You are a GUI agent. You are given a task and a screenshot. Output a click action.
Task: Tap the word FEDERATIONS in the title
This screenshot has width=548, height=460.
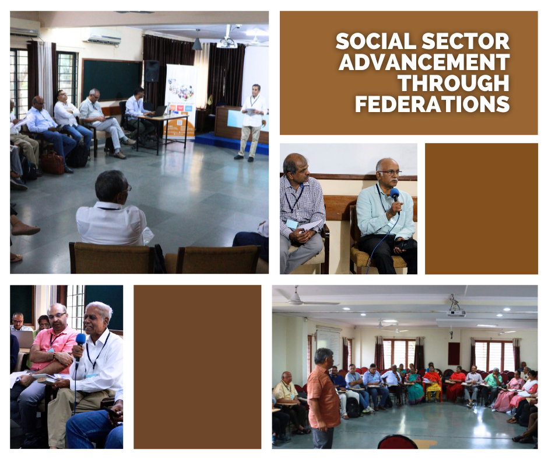coord(433,104)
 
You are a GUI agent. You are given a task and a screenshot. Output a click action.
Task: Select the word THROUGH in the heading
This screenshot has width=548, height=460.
coord(454,83)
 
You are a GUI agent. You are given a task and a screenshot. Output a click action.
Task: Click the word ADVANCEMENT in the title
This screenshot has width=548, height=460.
coord(424,62)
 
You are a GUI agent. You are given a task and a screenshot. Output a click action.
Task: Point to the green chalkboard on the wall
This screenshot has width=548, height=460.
coord(112,79)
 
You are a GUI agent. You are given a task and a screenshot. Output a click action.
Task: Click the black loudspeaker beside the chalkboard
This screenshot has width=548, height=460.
coord(152,71)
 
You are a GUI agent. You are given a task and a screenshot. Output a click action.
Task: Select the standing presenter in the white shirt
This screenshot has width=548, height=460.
coord(252,123)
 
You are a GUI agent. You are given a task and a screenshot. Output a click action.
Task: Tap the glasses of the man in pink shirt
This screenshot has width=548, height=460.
coord(57,315)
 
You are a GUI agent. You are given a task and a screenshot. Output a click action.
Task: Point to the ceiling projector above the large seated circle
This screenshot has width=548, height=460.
coord(456,311)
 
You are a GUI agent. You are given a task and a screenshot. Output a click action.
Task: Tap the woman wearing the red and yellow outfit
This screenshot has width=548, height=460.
coord(433,384)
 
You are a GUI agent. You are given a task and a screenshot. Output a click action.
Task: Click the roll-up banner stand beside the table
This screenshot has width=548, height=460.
coord(180,102)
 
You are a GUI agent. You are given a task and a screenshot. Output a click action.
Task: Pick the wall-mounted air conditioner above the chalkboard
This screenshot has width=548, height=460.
coord(101,36)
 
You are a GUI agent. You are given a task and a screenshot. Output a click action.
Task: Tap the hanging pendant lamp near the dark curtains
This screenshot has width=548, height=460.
coord(197,43)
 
